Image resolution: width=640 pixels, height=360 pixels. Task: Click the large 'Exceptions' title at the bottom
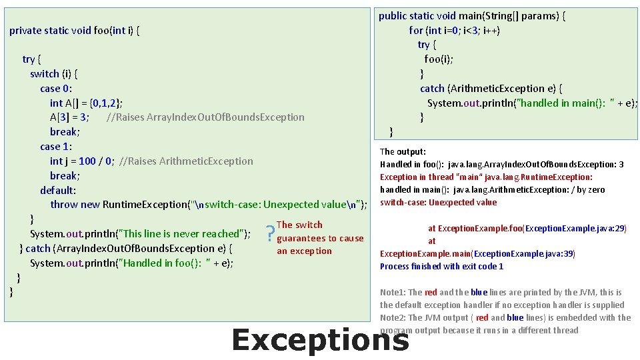click(319, 339)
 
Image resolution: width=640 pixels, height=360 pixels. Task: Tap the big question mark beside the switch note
click(269, 234)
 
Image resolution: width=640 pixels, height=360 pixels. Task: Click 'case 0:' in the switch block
click(57, 88)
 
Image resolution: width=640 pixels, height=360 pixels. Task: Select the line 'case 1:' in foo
click(57, 146)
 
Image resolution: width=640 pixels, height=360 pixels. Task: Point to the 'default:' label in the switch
click(58, 190)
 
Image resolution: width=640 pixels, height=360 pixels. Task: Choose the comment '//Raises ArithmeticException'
click(186, 161)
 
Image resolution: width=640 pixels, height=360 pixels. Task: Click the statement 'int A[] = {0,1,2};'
click(85, 103)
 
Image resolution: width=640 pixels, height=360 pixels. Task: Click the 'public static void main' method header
click(472, 15)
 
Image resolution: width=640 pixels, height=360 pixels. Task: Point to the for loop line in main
click(455, 30)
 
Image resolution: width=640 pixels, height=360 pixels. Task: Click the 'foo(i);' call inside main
click(439, 59)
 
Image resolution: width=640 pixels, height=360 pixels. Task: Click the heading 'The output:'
click(403, 151)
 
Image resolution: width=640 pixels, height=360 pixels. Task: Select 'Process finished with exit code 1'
click(441, 266)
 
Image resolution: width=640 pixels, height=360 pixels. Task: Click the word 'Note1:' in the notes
click(393, 292)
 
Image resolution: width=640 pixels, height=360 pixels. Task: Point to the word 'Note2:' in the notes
click(393, 317)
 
